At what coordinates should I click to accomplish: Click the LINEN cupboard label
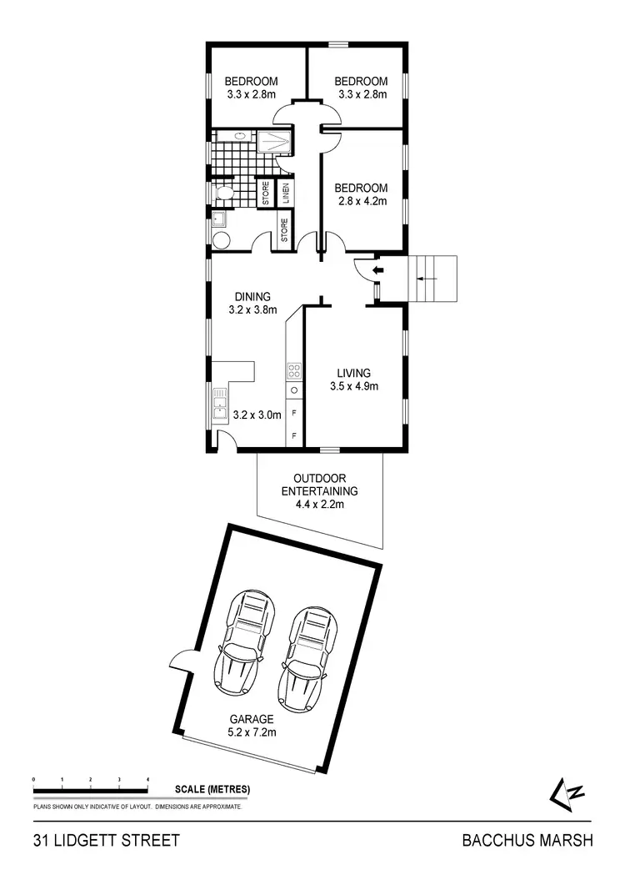click(x=286, y=194)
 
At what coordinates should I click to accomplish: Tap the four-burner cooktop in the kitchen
click(x=293, y=370)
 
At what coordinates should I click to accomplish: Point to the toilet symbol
click(x=222, y=194)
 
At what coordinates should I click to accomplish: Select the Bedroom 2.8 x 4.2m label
click(x=361, y=194)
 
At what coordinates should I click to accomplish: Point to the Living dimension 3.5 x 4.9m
click(x=353, y=386)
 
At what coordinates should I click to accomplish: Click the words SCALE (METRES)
click(x=212, y=789)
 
